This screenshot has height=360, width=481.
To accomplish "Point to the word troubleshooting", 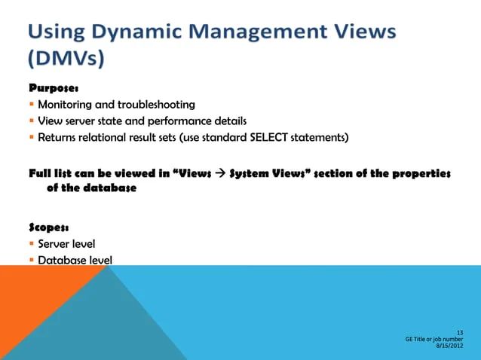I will (x=158, y=105).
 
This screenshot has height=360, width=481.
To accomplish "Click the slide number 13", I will (x=460, y=332).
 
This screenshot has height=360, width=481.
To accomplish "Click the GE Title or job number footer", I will (x=434, y=339).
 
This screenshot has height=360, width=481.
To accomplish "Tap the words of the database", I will (x=91, y=188).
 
